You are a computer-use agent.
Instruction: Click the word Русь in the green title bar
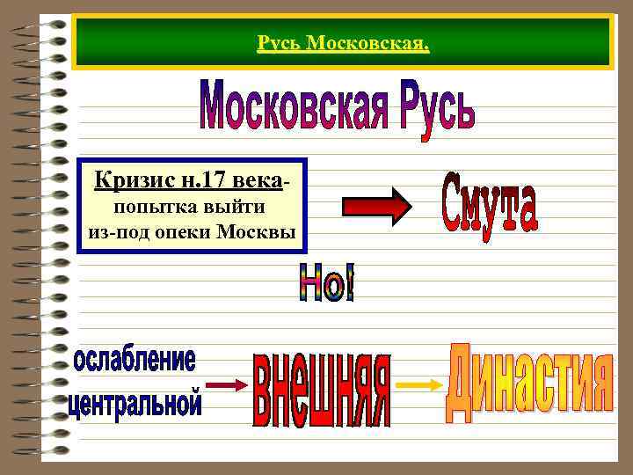coord(278,43)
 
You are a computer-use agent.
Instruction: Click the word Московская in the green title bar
coord(366,43)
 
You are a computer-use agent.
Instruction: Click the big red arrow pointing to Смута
coord(376,207)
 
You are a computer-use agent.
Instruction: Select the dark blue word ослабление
coord(135,360)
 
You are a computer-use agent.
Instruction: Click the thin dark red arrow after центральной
coord(229,385)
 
